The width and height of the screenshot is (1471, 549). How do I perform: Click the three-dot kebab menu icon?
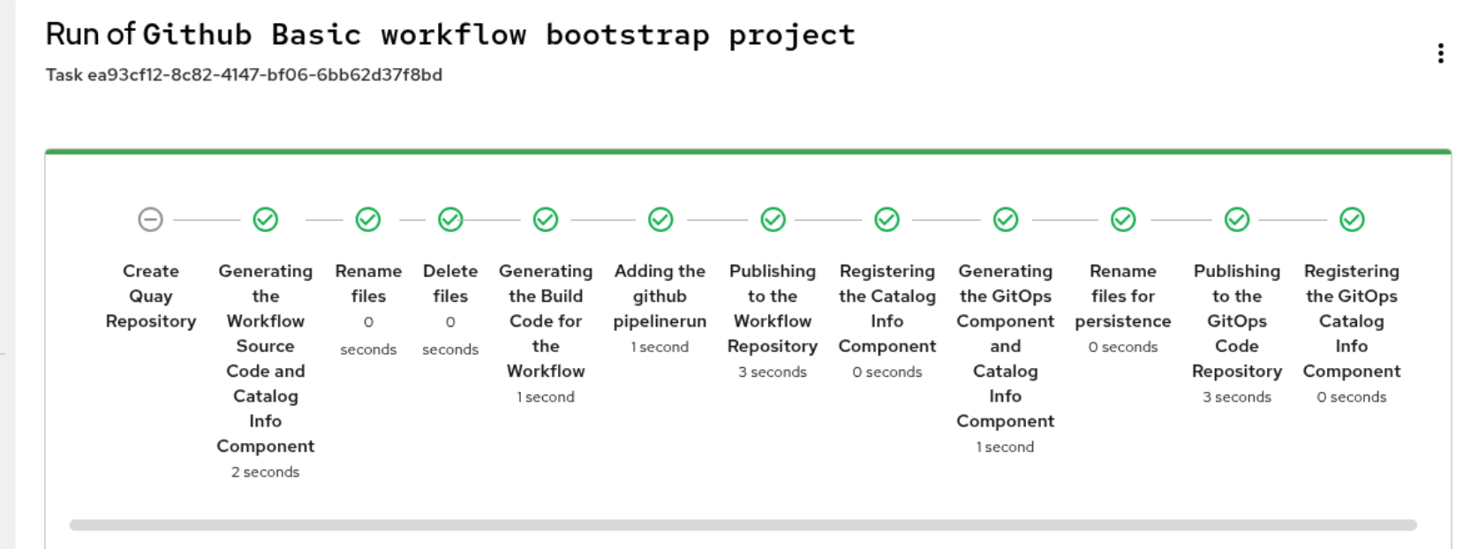pos(1440,54)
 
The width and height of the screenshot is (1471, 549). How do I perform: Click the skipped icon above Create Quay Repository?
pos(151,219)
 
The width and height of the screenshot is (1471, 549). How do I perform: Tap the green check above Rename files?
pos(368,219)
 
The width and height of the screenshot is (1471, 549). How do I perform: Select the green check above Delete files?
pos(450,219)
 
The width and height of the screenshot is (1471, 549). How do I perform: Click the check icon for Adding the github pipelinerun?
pos(660,219)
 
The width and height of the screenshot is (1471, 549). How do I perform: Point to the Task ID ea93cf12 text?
pos(244,75)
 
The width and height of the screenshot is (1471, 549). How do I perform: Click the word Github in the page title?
pos(197,34)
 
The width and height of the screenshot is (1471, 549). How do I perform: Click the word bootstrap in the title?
pos(627,34)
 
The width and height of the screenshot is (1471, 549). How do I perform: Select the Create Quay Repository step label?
pos(151,296)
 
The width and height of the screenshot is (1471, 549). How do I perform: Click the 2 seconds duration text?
pos(265,472)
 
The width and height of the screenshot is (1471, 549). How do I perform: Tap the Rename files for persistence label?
pos(1122,296)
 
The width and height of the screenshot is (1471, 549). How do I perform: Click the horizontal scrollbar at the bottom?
pos(742,525)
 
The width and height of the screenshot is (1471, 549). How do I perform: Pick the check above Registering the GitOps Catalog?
pos(1352,219)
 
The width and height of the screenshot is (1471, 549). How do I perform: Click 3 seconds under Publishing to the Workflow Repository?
pos(773,372)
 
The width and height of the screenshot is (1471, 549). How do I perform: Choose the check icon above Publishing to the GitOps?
pos(1237,219)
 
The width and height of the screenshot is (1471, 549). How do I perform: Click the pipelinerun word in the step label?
pos(660,321)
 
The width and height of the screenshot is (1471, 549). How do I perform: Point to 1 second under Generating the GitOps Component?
pos(1005,447)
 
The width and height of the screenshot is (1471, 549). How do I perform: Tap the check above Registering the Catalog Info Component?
pos(887,219)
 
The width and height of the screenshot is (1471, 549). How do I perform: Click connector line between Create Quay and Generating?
pos(206,219)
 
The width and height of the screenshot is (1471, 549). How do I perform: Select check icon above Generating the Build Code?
pos(546,219)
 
